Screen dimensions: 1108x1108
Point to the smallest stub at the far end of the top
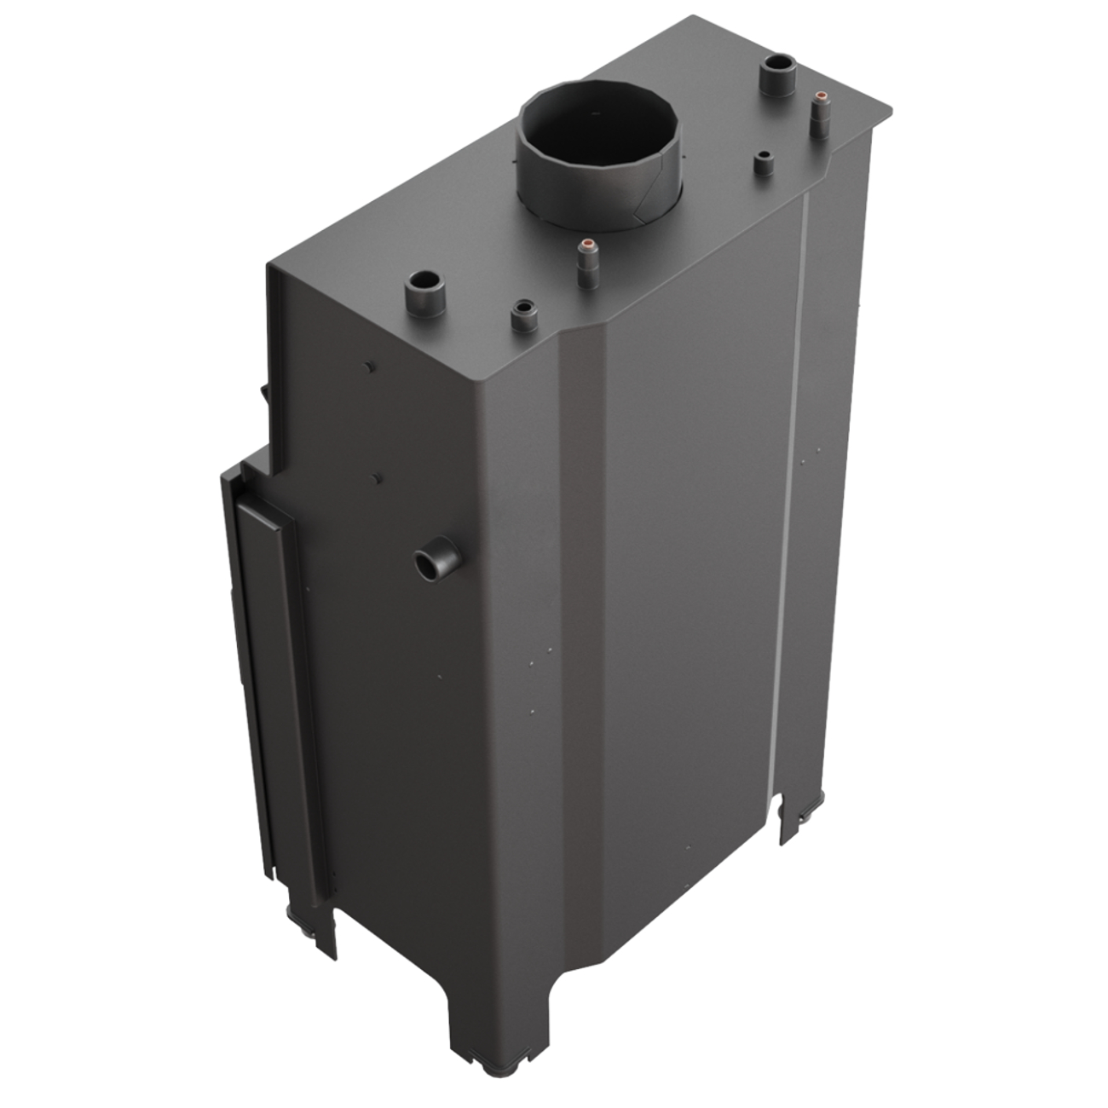(763, 163)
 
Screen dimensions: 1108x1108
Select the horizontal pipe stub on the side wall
(436, 561)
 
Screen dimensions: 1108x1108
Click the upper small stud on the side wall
(367, 366)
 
